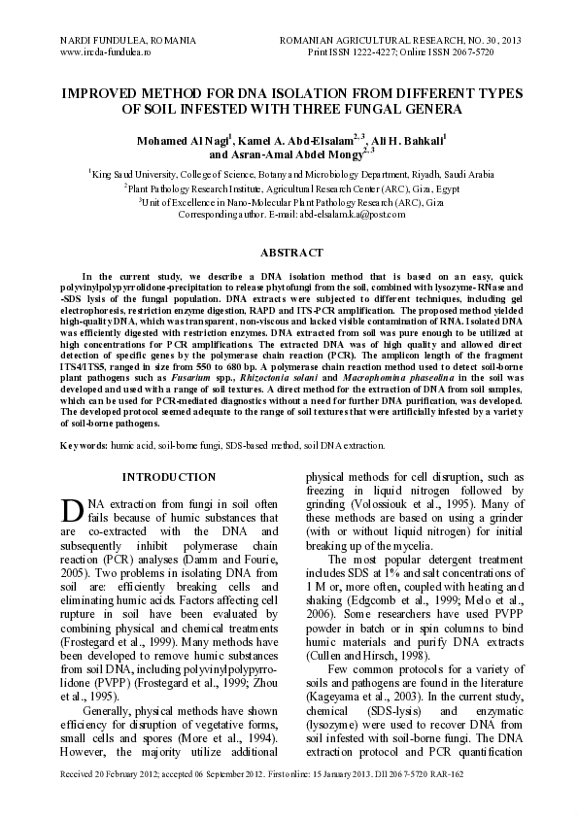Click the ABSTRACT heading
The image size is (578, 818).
point(289,253)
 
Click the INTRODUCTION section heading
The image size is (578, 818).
point(169,477)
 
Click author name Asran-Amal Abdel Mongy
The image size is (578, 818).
point(289,154)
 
